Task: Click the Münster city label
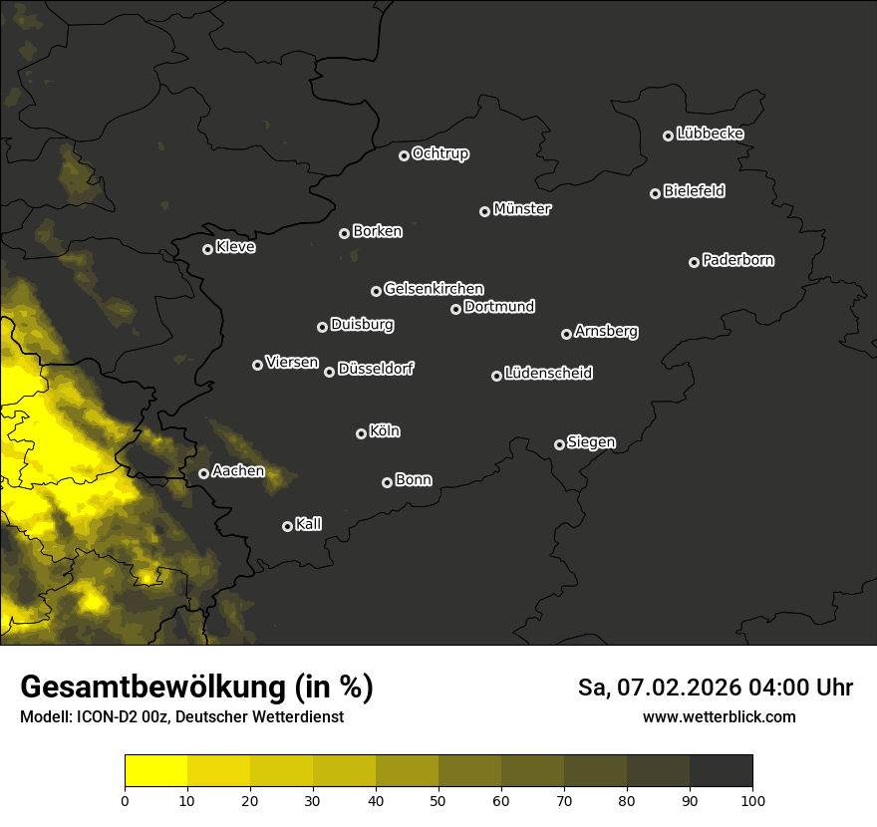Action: [x=522, y=209]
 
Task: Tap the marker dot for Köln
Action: [x=361, y=433]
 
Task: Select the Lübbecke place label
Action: [x=710, y=134]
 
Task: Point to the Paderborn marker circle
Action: [x=694, y=262]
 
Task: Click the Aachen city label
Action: [x=238, y=471]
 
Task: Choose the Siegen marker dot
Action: [x=559, y=444]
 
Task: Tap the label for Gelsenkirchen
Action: [x=434, y=289]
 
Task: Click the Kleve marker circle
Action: [x=207, y=249]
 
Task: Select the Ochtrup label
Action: [x=439, y=153]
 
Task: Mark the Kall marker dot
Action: [x=287, y=526]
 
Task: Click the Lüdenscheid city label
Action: [x=548, y=374]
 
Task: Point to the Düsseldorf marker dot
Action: [x=329, y=372]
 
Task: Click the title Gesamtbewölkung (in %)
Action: [x=196, y=688]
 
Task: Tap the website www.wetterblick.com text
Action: [x=719, y=716]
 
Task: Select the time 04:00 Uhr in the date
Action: [x=794, y=688]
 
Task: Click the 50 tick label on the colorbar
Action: [x=438, y=799]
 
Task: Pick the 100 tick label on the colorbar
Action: [x=752, y=799]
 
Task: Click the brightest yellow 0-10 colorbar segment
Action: [x=156, y=771]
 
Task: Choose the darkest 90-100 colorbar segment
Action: [x=721, y=771]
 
